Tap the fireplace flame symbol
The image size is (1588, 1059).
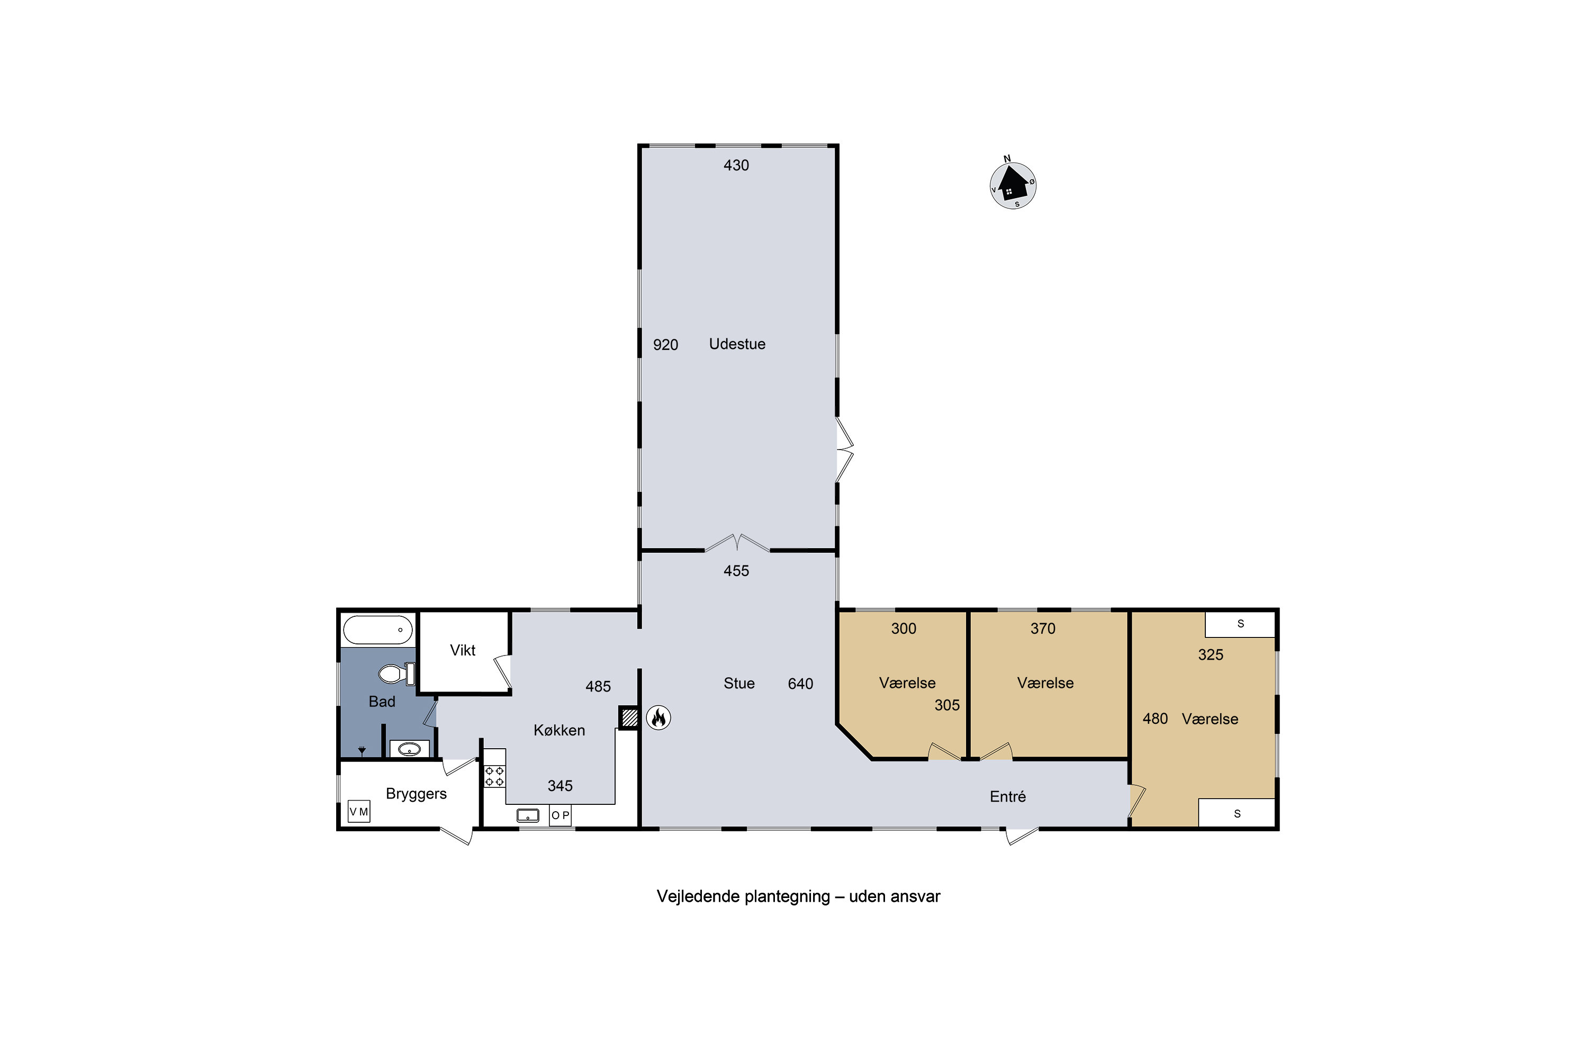[x=658, y=717]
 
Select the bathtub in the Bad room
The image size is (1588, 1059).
[x=377, y=630]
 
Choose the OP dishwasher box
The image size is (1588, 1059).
[x=561, y=815]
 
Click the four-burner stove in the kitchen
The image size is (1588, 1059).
[x=494, y=776]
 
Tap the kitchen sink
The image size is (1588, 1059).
[x=527, y=816]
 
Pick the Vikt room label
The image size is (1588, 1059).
[x=463, y=650]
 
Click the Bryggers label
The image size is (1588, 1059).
[x=416, y=794]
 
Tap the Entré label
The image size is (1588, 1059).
[x=1007, y=797]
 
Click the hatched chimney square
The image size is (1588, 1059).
[x=629, y=717]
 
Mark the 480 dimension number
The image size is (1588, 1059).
[x=1154, y=719]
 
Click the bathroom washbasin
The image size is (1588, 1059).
[x=409, y=749]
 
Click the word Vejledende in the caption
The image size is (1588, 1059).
[x=698, y=896]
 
